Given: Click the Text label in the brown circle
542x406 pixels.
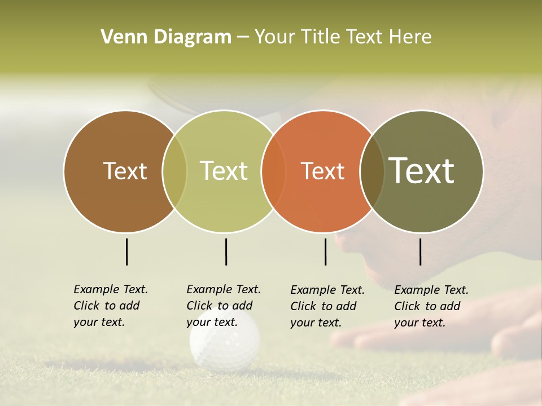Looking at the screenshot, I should click(125, 171).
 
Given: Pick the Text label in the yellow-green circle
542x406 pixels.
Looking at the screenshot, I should click(224, 171).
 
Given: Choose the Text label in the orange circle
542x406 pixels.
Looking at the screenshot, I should click(322, 171).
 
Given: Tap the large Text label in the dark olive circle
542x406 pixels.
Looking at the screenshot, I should click(422, 171).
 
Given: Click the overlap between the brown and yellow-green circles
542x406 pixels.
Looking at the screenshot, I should click(174, 171).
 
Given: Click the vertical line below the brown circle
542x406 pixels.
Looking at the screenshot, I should click(126, 251).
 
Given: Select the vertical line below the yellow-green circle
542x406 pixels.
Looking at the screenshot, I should click(226, 251).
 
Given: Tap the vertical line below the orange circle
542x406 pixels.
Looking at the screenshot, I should click(325, 251).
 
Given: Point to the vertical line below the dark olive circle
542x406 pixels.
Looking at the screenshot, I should click(421, 251).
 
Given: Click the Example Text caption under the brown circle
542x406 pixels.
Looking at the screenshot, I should click(111, 306).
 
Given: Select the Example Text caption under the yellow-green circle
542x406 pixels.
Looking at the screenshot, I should click(224, 306).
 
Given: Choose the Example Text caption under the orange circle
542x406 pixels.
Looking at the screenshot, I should click(327, 306).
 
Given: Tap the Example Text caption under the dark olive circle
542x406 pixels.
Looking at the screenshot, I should click(431, 306).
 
